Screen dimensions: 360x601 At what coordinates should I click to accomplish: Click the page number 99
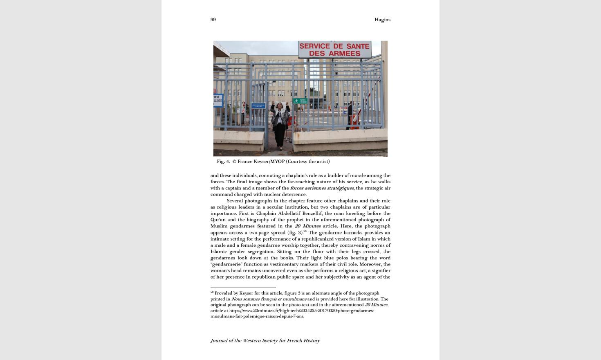click(x=213, y=20)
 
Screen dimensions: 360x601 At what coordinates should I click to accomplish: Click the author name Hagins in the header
click(x=382, y=20)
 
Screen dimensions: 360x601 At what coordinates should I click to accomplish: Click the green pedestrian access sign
click(x=300, y=101)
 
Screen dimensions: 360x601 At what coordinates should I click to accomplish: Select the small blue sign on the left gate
click(x=258, y=106)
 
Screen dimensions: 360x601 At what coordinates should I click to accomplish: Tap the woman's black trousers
click(x=280, y=133)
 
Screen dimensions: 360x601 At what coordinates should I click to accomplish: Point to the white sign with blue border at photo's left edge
click(x=218, y=100)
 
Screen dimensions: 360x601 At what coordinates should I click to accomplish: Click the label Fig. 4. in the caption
click(x=223, y=162)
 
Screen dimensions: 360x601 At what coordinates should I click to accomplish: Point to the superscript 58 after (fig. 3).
click(x=305, y=231)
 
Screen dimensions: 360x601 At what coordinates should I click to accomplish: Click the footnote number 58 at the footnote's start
click(x=212, y=292)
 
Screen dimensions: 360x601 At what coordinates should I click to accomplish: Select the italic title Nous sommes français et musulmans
click(x=269, y=299)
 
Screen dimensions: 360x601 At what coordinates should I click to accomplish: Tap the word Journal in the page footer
click(x=219, y=340)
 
